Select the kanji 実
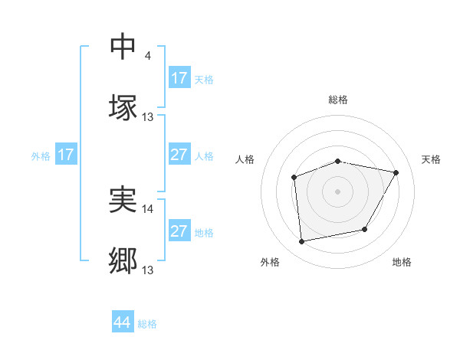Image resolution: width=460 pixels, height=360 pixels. [x=123, y=201]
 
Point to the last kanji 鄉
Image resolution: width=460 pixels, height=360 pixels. [x=123, y=260]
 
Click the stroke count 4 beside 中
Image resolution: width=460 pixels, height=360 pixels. [x=148, y=56]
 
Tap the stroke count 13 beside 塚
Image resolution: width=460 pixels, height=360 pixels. [x=148, y=117]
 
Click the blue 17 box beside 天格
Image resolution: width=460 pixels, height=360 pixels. [x=179, y=78]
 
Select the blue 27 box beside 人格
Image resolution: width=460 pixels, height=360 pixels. [x=179, y=155]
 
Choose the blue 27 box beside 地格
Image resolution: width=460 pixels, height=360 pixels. [x=179, y=231]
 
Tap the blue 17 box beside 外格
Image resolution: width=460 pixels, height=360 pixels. [x=66, y=155]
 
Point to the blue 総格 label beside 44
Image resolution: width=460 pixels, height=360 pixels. [x=147, y=324]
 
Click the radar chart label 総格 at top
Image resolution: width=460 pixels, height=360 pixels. [x=337, y=100]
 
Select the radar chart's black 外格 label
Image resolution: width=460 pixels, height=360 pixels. [x=270, y=262]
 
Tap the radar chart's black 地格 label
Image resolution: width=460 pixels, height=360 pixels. [x=402, y=262]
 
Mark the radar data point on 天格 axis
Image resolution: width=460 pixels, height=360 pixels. [x=396, y=172]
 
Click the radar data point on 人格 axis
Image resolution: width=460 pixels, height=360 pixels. [x=294, y=178]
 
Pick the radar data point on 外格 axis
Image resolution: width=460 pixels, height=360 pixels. [x=302, y=241]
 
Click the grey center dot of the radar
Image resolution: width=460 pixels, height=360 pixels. [x=337, y=191]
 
